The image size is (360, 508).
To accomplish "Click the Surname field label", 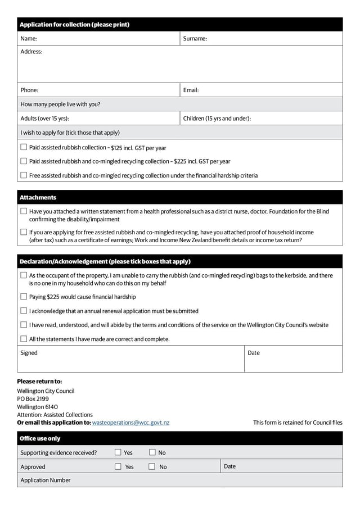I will pyautogui.click(x=195, y=39).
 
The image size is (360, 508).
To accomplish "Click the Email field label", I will pyautogui.click(x=191, y=90).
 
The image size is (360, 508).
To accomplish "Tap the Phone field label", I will pyautogui.click(x=29, y=90).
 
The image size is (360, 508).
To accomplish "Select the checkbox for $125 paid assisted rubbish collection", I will pyautogui.click(x=24, y=147).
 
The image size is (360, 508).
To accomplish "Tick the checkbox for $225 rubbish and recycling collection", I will pyautogui.click(x=24, y=161).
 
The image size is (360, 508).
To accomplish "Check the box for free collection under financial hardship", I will pyautogui.click(x=24, y=175).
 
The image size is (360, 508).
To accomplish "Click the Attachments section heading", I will pyautogui.click(x=38, y=198).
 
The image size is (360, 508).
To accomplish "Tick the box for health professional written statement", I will pyautogui.click(x=24, y=211).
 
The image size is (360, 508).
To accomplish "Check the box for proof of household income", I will pyautogui.click(x=24, y=232).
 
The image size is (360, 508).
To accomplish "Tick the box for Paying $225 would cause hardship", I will pyautogui.click(x=24, y=297).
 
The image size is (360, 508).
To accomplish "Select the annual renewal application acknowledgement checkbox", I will pyautogui.click(x=24, y=311).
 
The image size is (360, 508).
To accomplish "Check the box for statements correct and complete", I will pyautogui.click(x=24, y=339).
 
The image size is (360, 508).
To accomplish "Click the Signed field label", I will pyautogui.click(x=29, y=353).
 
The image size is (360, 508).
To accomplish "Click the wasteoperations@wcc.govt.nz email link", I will pyautogui.click(x=130, y=423).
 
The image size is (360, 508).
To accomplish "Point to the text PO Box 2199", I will pyautogui.click(x=33, y=399).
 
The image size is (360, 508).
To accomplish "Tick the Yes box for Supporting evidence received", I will pyautogui.click(x=118, y=452).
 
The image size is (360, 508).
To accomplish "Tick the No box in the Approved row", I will pyautogui.click(x=152, y=466).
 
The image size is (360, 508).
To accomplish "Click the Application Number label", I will pyautogui.click(x=46, y=480).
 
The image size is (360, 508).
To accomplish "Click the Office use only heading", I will pyautogui.click(x=40, y=438).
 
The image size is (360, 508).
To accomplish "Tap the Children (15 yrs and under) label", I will pyautogui.click(x=217, y=119).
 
